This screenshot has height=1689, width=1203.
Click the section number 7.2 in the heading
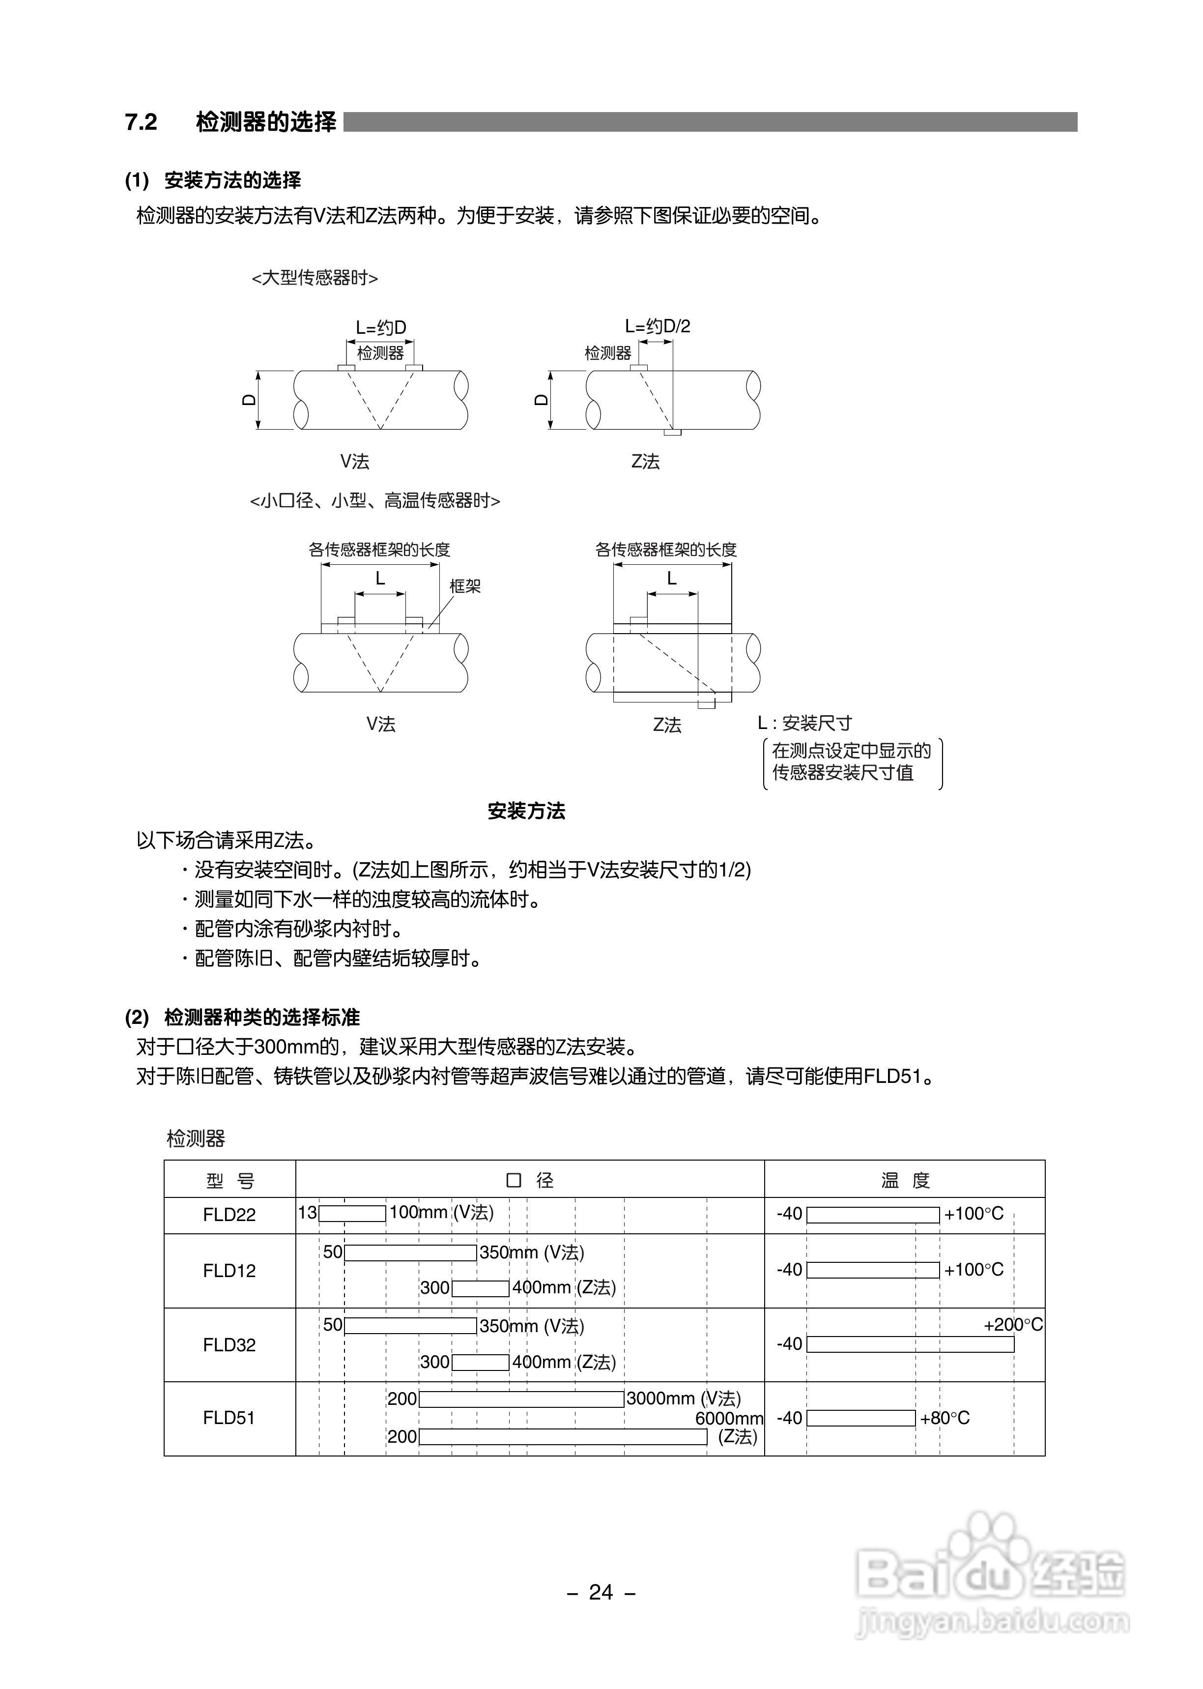click(x=141, y=122)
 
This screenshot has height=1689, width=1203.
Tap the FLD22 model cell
click(x=229, y=1215)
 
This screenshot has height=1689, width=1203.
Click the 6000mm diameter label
click(x=729, y=1418)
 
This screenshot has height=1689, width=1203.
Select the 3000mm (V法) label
click(x=683, y=1398)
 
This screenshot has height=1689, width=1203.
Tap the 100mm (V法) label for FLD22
click(x=441, y=1213)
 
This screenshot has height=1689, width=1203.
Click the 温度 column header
click(x=905, y=1180)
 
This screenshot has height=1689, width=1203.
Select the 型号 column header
click(x=229, y=1181)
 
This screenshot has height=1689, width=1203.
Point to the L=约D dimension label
click(x=381, y=327)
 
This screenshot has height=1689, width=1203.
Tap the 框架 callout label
click(x=465, y=586)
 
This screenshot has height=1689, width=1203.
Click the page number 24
click(x=601, y=1592)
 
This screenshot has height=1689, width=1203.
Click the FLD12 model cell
click(x=229, y=1271)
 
